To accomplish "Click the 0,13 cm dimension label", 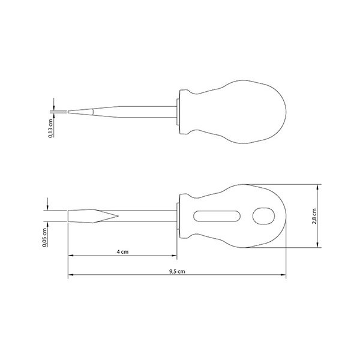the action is [x=51, y=128].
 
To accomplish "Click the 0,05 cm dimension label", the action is [x=45, y=238].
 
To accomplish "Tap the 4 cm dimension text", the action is [x=122, y=252].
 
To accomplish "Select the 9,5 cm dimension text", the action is [x=177, y=271].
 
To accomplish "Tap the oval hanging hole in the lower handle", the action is [x=263, y=216].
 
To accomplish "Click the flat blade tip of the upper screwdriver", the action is [x=68, y=112].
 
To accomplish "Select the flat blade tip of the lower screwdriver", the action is [x=68, y=216].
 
